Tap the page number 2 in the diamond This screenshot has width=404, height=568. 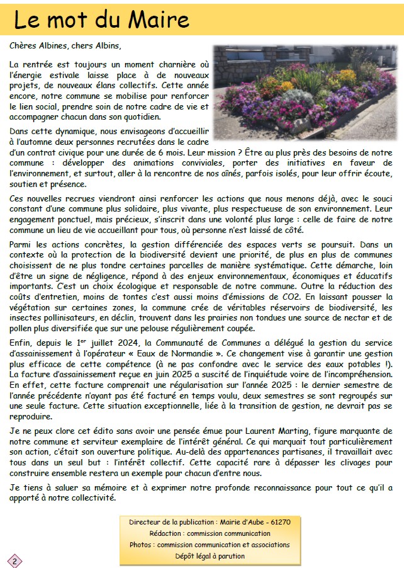coord(14,560)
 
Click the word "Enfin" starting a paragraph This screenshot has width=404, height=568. coord(21,343)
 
